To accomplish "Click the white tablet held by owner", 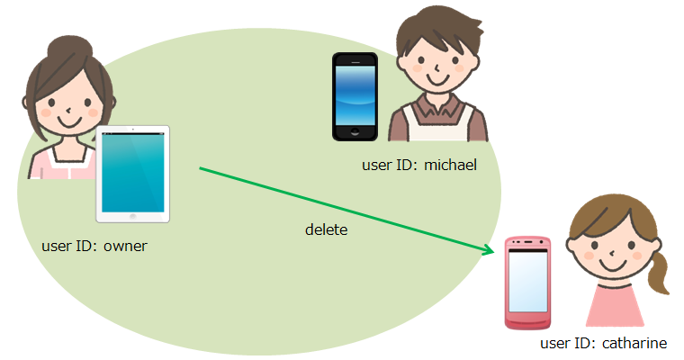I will click(133, 175).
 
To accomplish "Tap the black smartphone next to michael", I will click(355, 97).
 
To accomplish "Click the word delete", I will click(326, 230).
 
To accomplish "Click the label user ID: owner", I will click(94, 245).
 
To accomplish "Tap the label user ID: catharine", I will click(603, 343).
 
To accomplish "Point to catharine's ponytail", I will click(658, 270).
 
